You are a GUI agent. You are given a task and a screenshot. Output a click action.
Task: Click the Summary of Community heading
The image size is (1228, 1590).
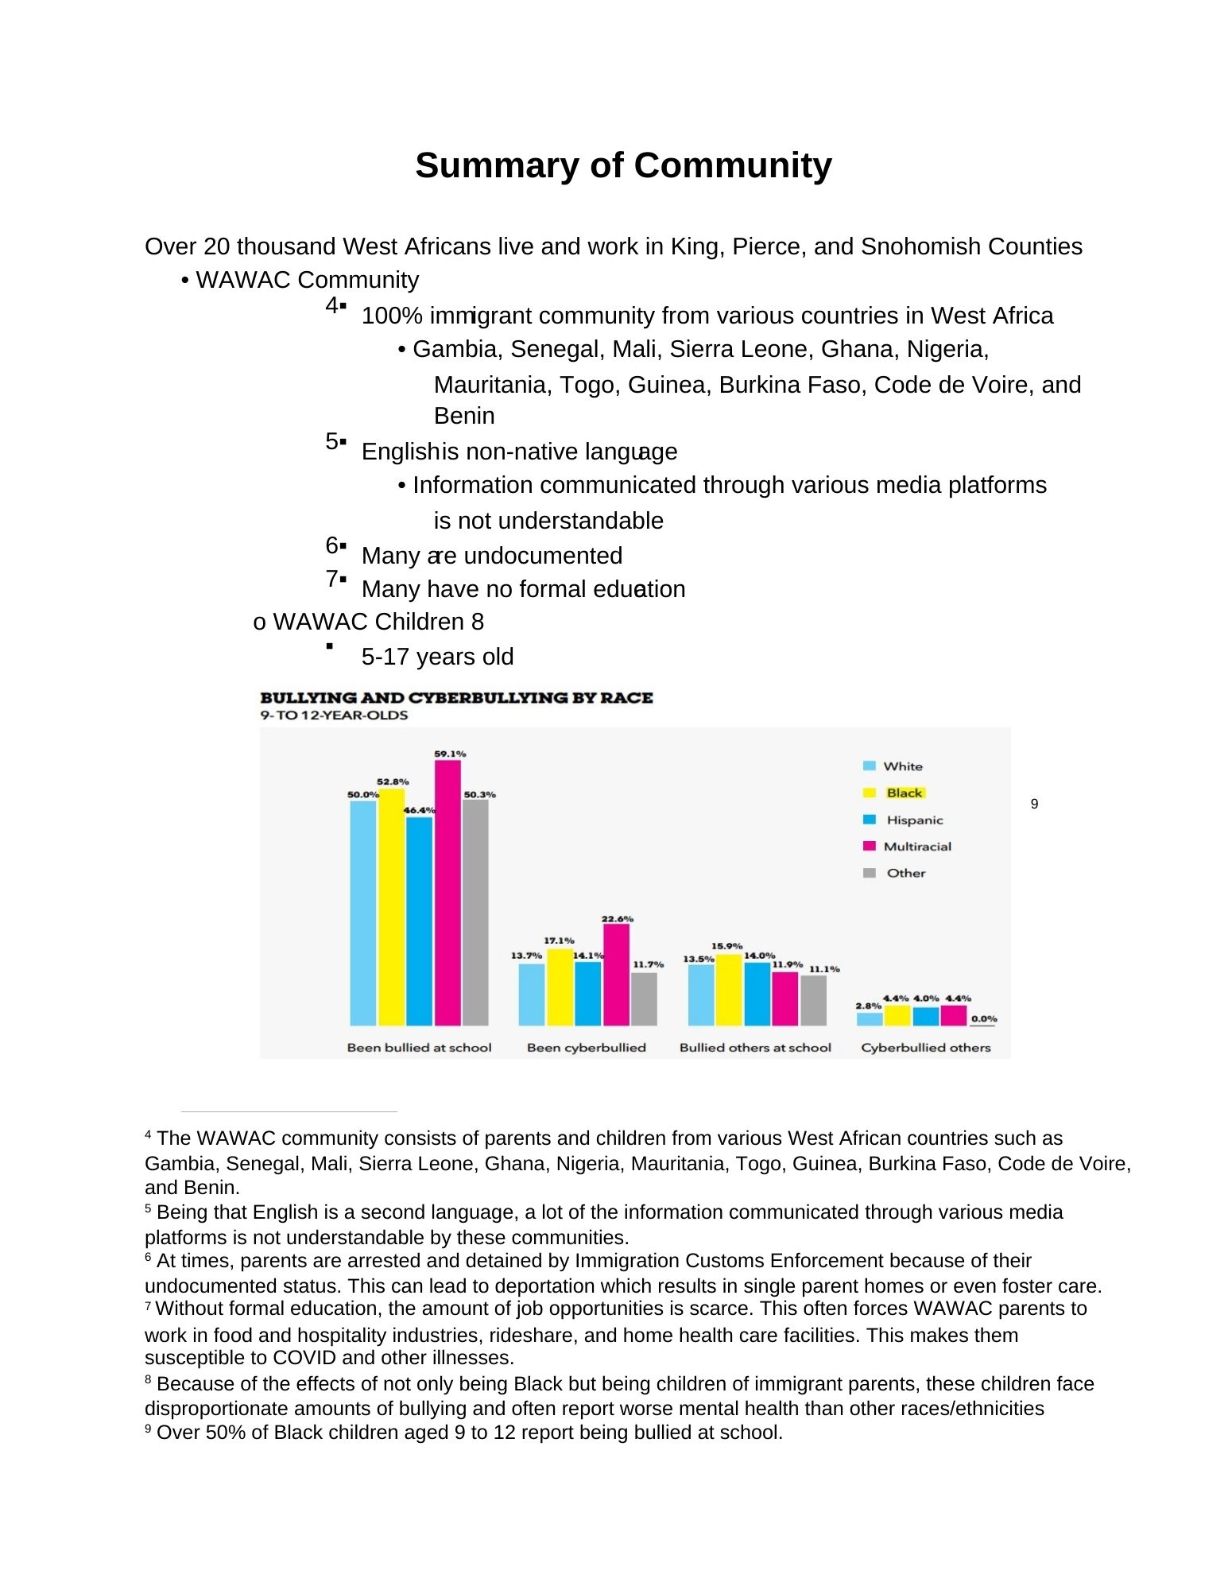pyautogui.click(x=623, y=165)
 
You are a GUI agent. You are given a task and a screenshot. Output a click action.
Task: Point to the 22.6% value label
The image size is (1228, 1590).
pyautogui.click(x=618, y=919)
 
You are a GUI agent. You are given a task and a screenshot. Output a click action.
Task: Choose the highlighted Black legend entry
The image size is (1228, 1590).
pyautogui.click(x=904, y=793)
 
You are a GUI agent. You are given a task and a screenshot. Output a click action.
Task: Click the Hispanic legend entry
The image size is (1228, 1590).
pyautogui.click(x=914, y=820)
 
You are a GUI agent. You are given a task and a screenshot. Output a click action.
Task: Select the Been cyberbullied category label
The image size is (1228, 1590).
pyautogui.click(x=586, y=1048)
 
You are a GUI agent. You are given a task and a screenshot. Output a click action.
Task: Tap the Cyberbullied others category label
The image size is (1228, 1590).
pyautogui.click(x=925, y=1048)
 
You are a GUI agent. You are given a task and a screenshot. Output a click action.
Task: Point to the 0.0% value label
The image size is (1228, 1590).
pyautogui.click(x=984, y=1018)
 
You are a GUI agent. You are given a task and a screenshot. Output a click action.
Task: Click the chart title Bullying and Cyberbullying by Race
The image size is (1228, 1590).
pyautogui.click(x=456, y=698)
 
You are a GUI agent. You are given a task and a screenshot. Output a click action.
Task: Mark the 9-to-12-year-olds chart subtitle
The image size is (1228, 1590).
pyautogui.click(x=334, y=715)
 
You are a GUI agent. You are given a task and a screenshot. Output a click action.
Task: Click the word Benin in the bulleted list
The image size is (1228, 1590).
pyautogui.click(x=464, y=416)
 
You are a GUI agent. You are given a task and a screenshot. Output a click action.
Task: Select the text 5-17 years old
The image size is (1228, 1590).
pyautogui.click(x=437, y=657)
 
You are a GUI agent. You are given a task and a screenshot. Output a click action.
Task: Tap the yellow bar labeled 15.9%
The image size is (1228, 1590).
pyautogui.click(x=729, y=990)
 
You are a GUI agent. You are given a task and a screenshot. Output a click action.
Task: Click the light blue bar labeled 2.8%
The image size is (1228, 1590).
pyautogui.click(x=870, y=1018)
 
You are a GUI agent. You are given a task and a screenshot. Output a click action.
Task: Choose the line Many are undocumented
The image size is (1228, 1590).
pyautogui.click(x=491, y=556)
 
